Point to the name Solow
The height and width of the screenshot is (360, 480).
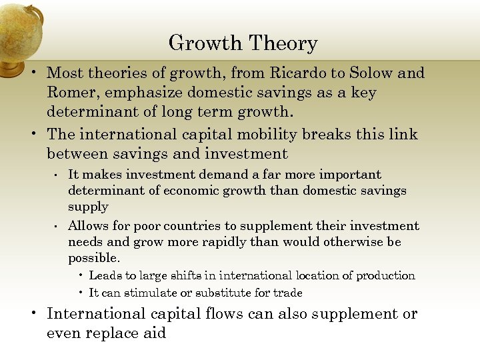(374, 73)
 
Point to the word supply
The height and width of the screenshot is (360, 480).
(88, 207)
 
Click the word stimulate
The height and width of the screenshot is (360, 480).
(142, 293)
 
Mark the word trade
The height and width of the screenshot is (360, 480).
(288, 293)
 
